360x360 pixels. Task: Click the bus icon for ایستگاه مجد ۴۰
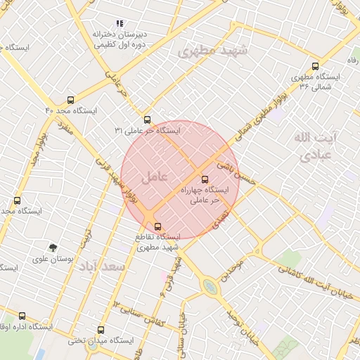70,100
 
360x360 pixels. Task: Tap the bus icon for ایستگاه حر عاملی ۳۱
147,120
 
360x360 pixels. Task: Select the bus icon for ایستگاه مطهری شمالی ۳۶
315,65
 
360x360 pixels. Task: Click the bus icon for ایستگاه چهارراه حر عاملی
205,179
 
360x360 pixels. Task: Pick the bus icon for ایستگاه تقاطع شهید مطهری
157,226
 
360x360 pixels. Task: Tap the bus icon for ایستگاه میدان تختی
101,329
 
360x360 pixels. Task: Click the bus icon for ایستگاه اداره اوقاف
22,316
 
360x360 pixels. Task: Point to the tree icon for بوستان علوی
53,247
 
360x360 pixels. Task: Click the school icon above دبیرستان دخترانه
120,23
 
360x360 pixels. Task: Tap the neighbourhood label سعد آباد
103,267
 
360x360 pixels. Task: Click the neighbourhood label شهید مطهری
213,51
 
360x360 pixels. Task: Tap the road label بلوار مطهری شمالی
267,115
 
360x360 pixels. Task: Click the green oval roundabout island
210,287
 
